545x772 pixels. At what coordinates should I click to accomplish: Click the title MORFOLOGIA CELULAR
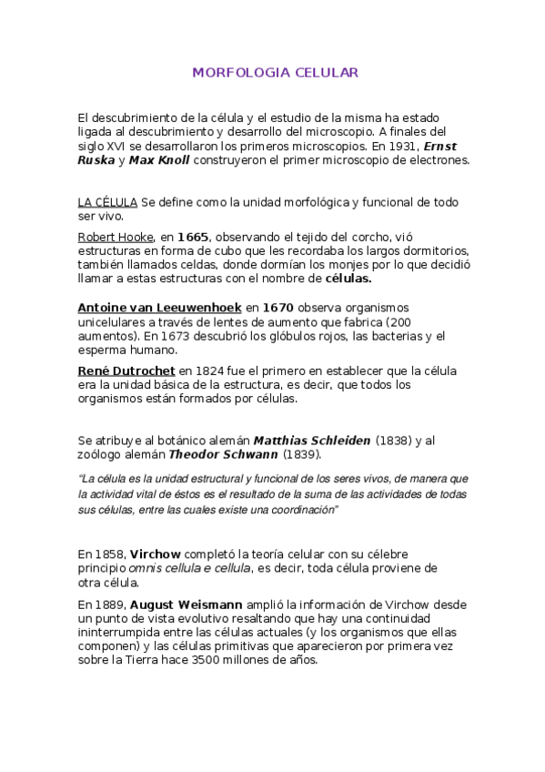(x=275, y=72)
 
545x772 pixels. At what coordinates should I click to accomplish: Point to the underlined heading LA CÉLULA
(x=107, y=202)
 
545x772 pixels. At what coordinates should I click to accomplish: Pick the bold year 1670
(x=278, y=308)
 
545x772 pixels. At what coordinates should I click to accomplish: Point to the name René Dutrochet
(x=126, y=371)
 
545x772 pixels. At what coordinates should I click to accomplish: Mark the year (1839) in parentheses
(x=300, y=454)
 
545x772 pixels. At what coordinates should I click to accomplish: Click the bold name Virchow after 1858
(x=156, y=554)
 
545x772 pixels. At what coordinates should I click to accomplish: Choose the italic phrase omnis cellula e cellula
(x=192, y=568)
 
